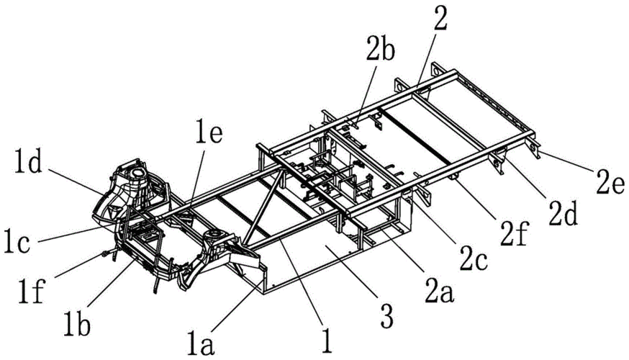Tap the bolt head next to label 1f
point(108,253)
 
